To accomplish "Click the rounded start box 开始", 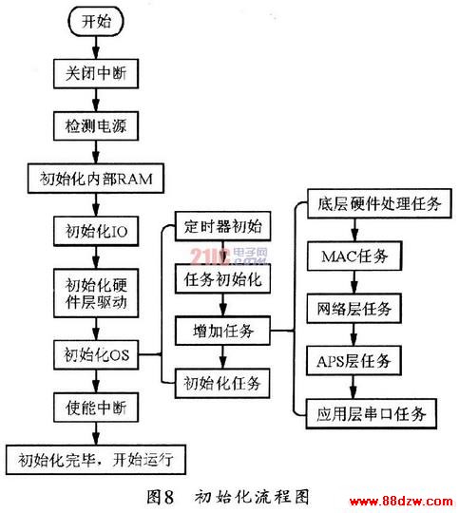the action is (96, 21).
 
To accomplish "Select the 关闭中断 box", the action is (96, 73).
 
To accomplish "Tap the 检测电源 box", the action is (96, 126).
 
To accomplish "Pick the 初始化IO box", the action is (96, 231).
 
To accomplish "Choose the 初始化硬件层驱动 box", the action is (96, 293).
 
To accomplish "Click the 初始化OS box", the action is (96, 354).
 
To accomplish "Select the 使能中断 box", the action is (96, 408).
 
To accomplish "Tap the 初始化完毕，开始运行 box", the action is (96, 460).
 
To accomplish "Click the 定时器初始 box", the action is (222, 226).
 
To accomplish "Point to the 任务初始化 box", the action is (222, 278).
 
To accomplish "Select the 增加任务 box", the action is (222, 331).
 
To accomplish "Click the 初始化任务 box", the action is (222, 383).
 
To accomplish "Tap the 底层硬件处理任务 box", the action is (379, 203).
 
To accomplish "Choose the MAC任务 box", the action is (354, 256).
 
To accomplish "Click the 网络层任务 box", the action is (354, 309).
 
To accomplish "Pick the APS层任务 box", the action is (354, 361).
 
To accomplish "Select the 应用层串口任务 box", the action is (372, 413).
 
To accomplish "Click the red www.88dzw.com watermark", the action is (402, 501).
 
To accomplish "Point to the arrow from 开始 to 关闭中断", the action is (96, 47).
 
